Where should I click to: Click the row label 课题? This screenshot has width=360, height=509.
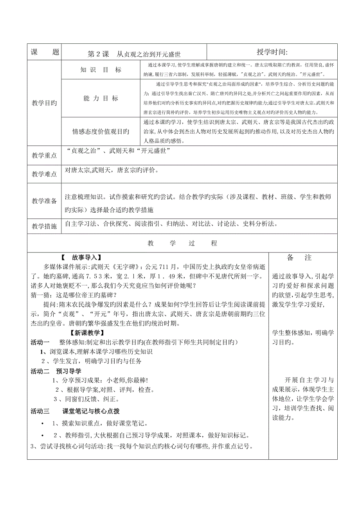[x=44, y=52]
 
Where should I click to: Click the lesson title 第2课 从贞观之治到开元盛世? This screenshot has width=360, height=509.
[x=134, y=53]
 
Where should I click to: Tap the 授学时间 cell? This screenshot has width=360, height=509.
[x=272, y=52]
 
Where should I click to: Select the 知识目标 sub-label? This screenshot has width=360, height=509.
[x=101, y=70]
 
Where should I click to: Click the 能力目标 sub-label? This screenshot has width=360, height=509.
[x=101, y=99]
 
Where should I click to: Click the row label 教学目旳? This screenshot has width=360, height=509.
[x=44, y=103]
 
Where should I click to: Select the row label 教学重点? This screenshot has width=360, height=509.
[x=44, y=156]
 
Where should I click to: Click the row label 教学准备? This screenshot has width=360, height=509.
[x=44, y=201]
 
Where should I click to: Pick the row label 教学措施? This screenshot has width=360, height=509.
[x=44, y=226]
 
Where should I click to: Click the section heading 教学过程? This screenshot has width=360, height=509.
[x=182, y=243]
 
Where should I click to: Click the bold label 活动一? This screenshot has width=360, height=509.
[x=40, y=342]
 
